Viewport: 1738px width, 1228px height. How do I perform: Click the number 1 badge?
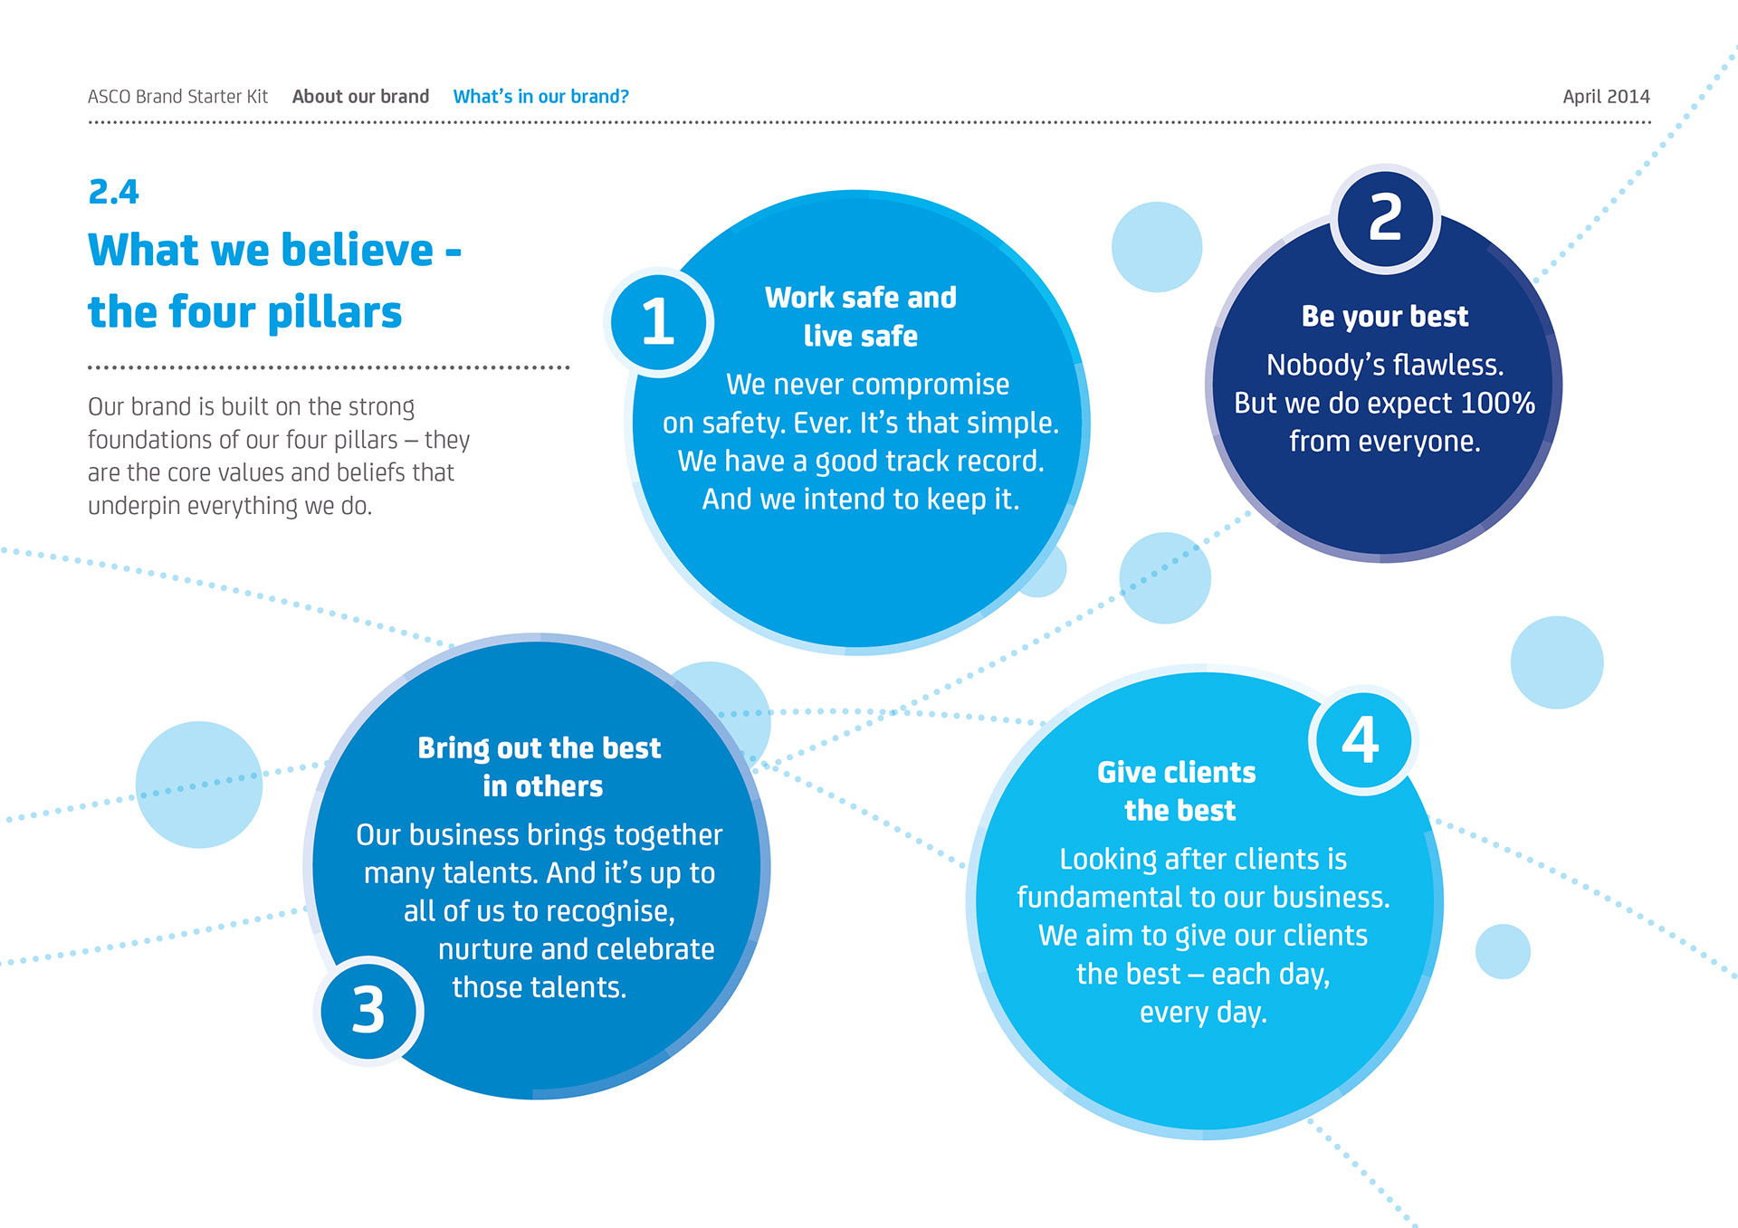658,322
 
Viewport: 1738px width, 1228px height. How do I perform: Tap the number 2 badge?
1385,218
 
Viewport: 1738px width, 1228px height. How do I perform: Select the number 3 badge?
368,1010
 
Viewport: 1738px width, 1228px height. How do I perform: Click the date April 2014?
1606,97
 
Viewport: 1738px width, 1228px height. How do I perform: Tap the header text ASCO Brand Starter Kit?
177,97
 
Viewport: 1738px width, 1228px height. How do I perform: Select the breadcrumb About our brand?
360,97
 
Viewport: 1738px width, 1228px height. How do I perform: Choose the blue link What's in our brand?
540,97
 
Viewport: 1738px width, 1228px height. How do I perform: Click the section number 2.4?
114,192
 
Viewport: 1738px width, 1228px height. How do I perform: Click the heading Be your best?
1384,317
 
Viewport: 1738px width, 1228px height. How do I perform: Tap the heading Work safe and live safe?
860,316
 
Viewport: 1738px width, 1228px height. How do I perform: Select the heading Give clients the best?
1178,791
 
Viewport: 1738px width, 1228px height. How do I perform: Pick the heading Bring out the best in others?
540,766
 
